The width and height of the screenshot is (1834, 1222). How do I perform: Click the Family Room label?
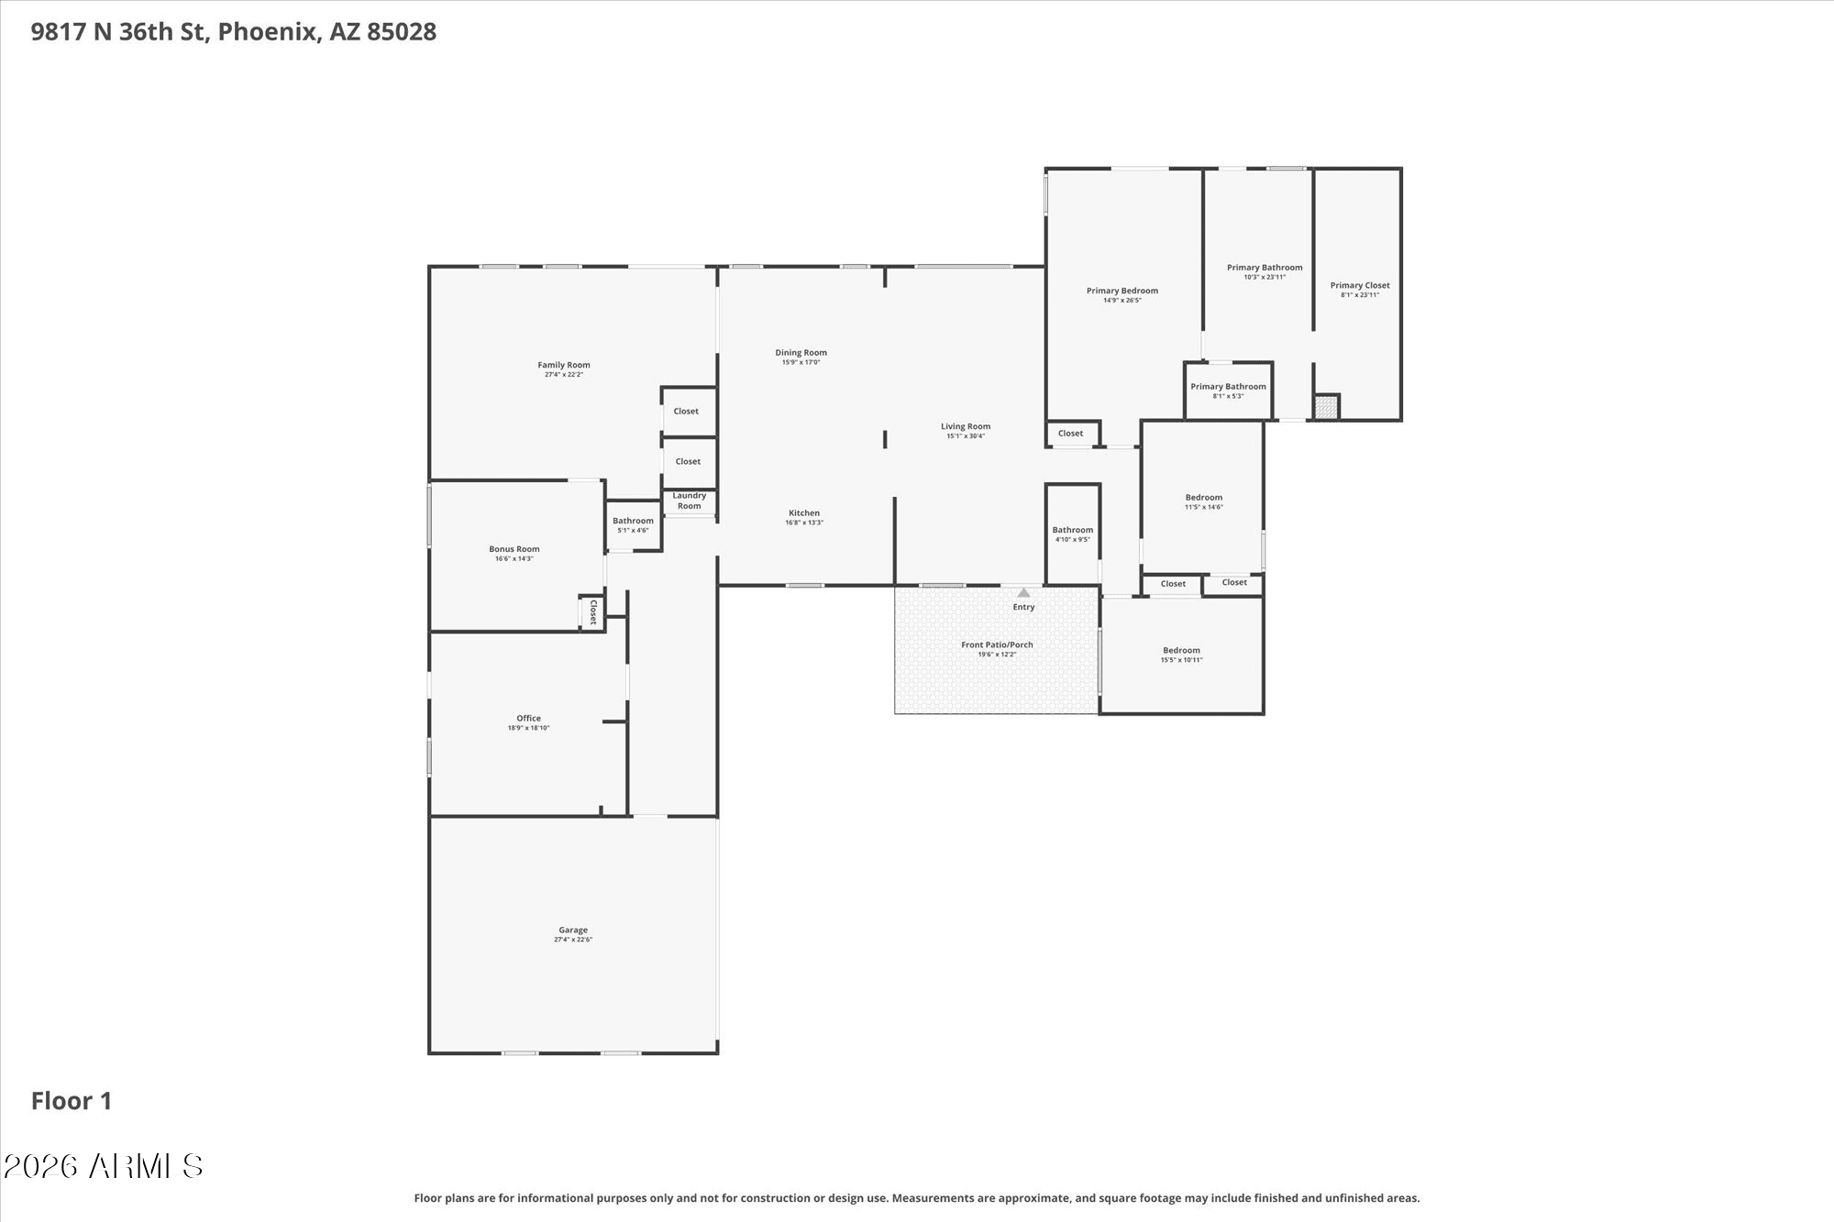[x=564, y=365]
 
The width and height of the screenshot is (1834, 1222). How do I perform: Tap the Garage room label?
[x=573, y=930]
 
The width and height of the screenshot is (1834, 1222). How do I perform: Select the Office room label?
[x=528, y=718]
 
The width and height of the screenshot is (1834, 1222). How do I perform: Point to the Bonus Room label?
[x=514, y=549]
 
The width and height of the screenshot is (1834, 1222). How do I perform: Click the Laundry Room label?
[x=690, y=501]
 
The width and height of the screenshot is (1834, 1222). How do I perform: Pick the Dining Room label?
[x=801, y=352]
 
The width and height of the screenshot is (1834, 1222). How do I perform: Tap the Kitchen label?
[x=804, y=512]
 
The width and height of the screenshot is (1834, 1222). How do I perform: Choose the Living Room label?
[x=966, y=426]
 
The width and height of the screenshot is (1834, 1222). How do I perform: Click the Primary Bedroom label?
[x=1122, y=291]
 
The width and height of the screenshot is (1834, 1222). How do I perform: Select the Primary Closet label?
[x=1360, y=285]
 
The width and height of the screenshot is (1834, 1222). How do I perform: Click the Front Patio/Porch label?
[x=997, y=644]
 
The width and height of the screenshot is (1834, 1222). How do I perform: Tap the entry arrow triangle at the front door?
[x=1023, y=592]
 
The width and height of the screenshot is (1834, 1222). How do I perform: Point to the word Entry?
[x=1023, y=607]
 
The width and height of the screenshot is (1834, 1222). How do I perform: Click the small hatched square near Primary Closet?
[x=1326, y=407]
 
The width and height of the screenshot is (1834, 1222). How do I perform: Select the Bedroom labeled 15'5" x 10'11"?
[x=1181, y=655]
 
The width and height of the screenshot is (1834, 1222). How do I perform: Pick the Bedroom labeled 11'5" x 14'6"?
[x=1204, y=501]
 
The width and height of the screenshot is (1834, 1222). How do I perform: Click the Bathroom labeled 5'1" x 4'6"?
[x=633, y=525]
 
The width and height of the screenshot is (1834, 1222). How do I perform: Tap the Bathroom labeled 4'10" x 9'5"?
[x=1073, y=534]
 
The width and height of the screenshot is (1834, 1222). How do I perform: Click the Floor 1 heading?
[x=72, y=1101]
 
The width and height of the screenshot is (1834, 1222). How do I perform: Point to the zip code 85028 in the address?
[x=402, y=32]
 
